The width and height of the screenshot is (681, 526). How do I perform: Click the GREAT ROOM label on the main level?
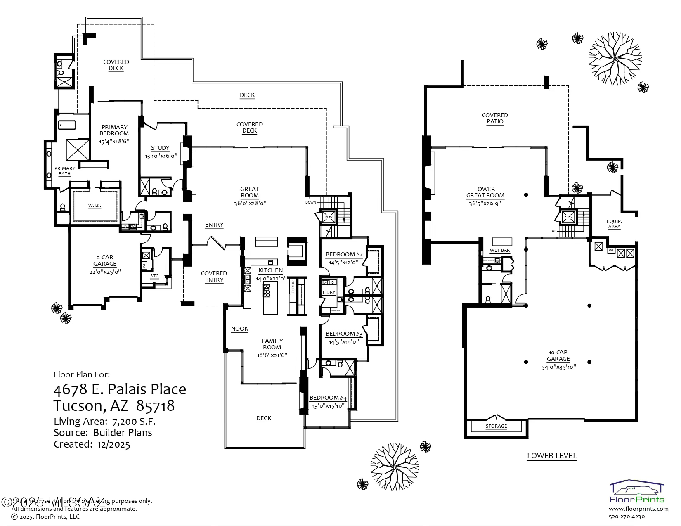coord(249,192)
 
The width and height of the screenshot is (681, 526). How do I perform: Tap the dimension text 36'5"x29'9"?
coord(485,203)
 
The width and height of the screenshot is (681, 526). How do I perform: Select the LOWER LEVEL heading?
coord(551,456)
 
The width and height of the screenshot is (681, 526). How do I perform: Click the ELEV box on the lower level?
coord(568,217)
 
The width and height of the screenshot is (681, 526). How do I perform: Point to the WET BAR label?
coord(499,250)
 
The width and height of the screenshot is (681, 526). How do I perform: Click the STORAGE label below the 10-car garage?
coord(496,426)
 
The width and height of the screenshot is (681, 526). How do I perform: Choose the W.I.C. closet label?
coord(95,206)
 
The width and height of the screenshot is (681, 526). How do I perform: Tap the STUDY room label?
coord(160,148)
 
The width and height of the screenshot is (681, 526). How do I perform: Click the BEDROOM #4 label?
coord(328,398)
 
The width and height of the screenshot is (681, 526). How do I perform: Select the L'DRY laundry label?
coord(329,292)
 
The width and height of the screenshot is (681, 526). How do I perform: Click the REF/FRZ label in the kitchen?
coord(293,286)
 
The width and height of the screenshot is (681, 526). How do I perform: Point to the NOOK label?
coord(239,329)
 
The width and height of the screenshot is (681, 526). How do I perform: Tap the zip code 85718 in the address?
coord(155,406)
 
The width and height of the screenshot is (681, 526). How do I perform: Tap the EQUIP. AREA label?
coord(614,224)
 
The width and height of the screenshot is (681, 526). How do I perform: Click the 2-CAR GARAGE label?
coord(105,261)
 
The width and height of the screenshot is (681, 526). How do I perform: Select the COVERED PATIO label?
coord(495,118)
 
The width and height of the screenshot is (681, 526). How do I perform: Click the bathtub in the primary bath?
coord(67,124)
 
